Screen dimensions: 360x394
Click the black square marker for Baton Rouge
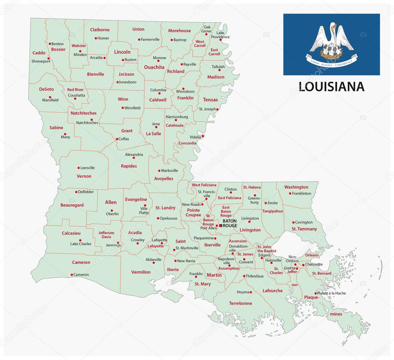tap(221, 225)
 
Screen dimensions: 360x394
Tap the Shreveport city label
tap(41, 61)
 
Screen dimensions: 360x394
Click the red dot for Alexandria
tap(134, 158)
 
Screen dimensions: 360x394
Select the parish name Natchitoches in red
tap(83, 113)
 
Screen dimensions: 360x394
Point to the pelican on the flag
tap(332, 41)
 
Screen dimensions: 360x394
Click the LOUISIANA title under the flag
tap(331, 86)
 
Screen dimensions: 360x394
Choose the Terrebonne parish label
tap(240, 303)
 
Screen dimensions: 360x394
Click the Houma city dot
tap(251, 292)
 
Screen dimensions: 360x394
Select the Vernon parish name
tap(84, 176)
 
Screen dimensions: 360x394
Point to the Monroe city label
tap(159, 58)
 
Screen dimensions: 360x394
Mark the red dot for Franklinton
tap(289, 193)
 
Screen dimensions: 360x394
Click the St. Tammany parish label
tap(304, 229)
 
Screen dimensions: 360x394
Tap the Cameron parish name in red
tap(81, 262)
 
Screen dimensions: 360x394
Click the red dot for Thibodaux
tap(244, 276)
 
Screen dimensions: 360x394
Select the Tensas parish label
tap(210, 100)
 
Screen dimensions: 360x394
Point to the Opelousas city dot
tap(158, 218)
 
